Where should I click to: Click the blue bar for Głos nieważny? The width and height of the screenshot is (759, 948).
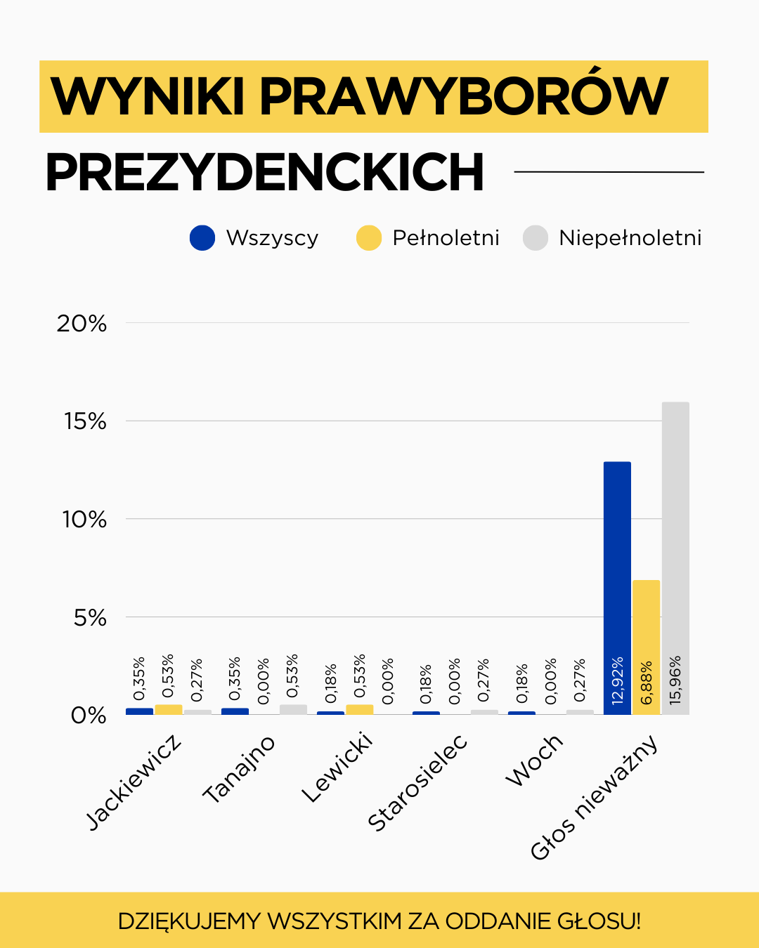coord(617,562)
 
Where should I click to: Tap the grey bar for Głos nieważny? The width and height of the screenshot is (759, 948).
coord(675,527)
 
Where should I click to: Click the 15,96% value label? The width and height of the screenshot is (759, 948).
coord(675,680)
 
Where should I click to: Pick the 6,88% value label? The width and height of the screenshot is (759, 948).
coord(647,683)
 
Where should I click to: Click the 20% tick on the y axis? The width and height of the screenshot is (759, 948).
coord(82,324)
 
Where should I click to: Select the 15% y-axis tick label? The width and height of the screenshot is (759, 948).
coord(85,421)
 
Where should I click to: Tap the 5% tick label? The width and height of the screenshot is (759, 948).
coord(90,618)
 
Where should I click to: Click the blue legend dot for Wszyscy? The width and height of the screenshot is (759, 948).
coord(202,238)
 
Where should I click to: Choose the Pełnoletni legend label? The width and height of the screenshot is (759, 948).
coord(446,238)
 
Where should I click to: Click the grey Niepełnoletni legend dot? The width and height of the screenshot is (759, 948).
coord(536,238)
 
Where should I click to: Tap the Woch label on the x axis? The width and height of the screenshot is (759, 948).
coord(534,761)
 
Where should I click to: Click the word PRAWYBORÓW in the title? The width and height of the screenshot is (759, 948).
coord(464,96)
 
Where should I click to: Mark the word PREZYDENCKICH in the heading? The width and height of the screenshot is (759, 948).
coord(265,173)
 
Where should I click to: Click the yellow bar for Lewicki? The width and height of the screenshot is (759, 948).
coord(359,709)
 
